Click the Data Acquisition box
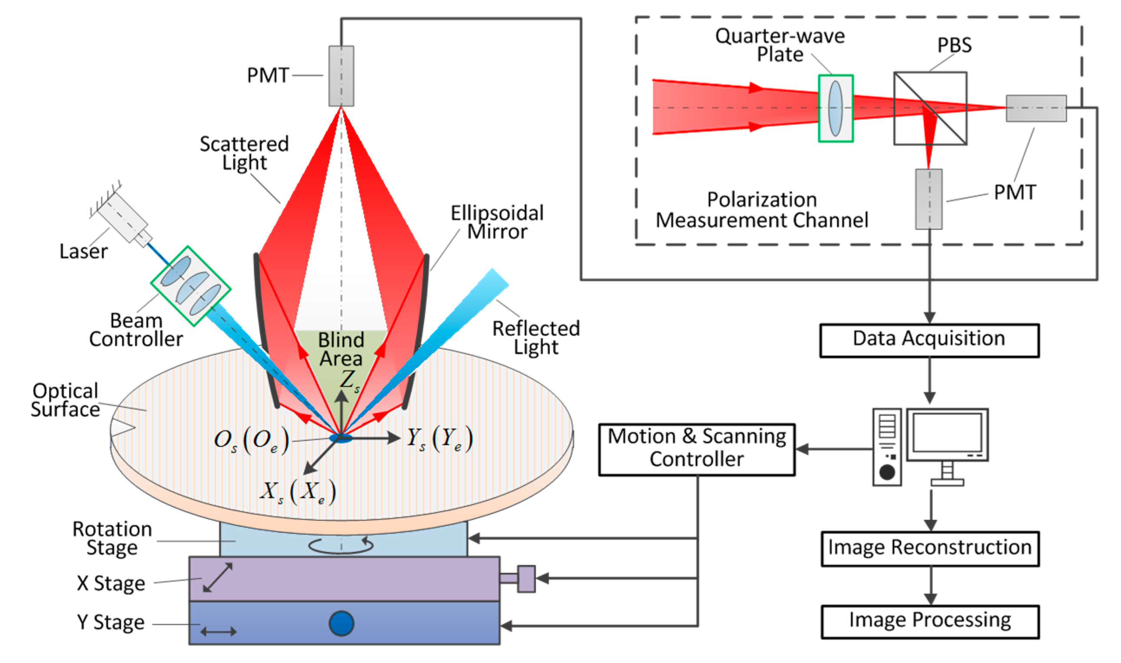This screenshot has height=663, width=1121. click(929, 341)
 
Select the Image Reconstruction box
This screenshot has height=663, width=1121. click(930, 548)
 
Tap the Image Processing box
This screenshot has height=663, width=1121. click(930, 621)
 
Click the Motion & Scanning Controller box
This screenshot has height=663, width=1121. click(696, 450)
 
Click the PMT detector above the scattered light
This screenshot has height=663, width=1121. click(341, 76)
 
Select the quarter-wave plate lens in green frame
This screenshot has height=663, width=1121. click(835, 108)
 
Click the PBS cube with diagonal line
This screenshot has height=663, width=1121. click(930, 108)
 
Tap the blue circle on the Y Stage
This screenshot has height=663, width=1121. click(341, 623)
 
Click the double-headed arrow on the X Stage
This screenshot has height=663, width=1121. click(217, 578)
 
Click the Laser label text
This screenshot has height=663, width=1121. click(84, 252)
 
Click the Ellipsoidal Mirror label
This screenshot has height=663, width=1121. click(497, 223)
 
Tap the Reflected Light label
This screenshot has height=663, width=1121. click(535, 338)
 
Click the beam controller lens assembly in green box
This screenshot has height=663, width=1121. click(191, 286)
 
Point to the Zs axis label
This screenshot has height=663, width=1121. click(349, 380)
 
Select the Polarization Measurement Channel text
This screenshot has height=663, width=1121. click(761, 210)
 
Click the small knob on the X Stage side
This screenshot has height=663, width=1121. click(526, 579)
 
